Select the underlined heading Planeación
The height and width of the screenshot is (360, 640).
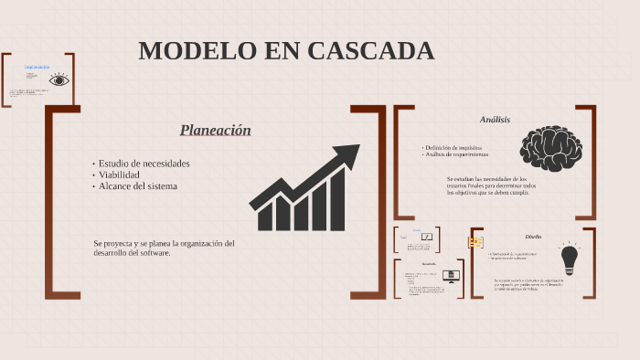point(215,131)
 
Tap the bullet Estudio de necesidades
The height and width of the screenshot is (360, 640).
point(144,164)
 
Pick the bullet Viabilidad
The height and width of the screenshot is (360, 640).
point(119,175)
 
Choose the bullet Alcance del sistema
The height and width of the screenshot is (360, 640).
point(138,186)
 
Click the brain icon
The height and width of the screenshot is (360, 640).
point(550,148)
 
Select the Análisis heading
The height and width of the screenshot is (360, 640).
point(495,120)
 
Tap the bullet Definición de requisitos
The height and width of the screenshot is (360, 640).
point(453,147)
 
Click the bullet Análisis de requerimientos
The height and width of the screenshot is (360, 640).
point(456,154)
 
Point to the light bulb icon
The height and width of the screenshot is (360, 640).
point(570,259)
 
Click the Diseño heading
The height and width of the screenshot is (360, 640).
point(533,237)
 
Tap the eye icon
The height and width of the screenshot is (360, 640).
point(59,80)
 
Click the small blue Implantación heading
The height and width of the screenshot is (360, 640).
point(37,67)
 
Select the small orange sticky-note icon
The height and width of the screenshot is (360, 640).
point(475,242)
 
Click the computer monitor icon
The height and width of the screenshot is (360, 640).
point(449,275)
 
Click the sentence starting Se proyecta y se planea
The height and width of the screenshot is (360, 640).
point(164,249)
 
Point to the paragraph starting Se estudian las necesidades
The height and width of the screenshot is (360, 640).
point(487,185)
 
